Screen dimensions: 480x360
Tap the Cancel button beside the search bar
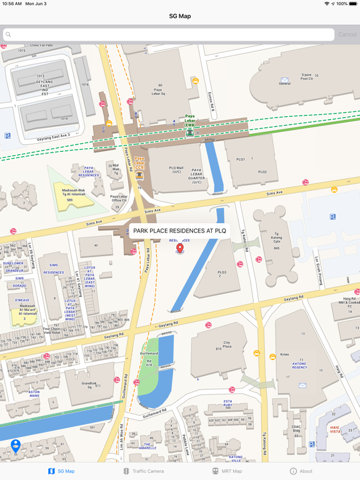347,34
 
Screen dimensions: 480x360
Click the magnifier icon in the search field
8,34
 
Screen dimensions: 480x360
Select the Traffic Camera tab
143,471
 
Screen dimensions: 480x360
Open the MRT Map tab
226,471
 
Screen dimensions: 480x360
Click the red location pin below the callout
180,248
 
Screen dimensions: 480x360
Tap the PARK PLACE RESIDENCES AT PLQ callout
179,231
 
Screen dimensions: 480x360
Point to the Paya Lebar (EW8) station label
190,121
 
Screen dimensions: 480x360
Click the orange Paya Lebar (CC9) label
139,162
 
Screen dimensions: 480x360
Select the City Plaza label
227,345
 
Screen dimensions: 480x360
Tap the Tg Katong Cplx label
276,239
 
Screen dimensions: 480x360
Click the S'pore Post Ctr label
306,77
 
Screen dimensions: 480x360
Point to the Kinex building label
285,354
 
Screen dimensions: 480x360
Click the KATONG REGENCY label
300,366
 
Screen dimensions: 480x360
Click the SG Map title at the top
180,16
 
